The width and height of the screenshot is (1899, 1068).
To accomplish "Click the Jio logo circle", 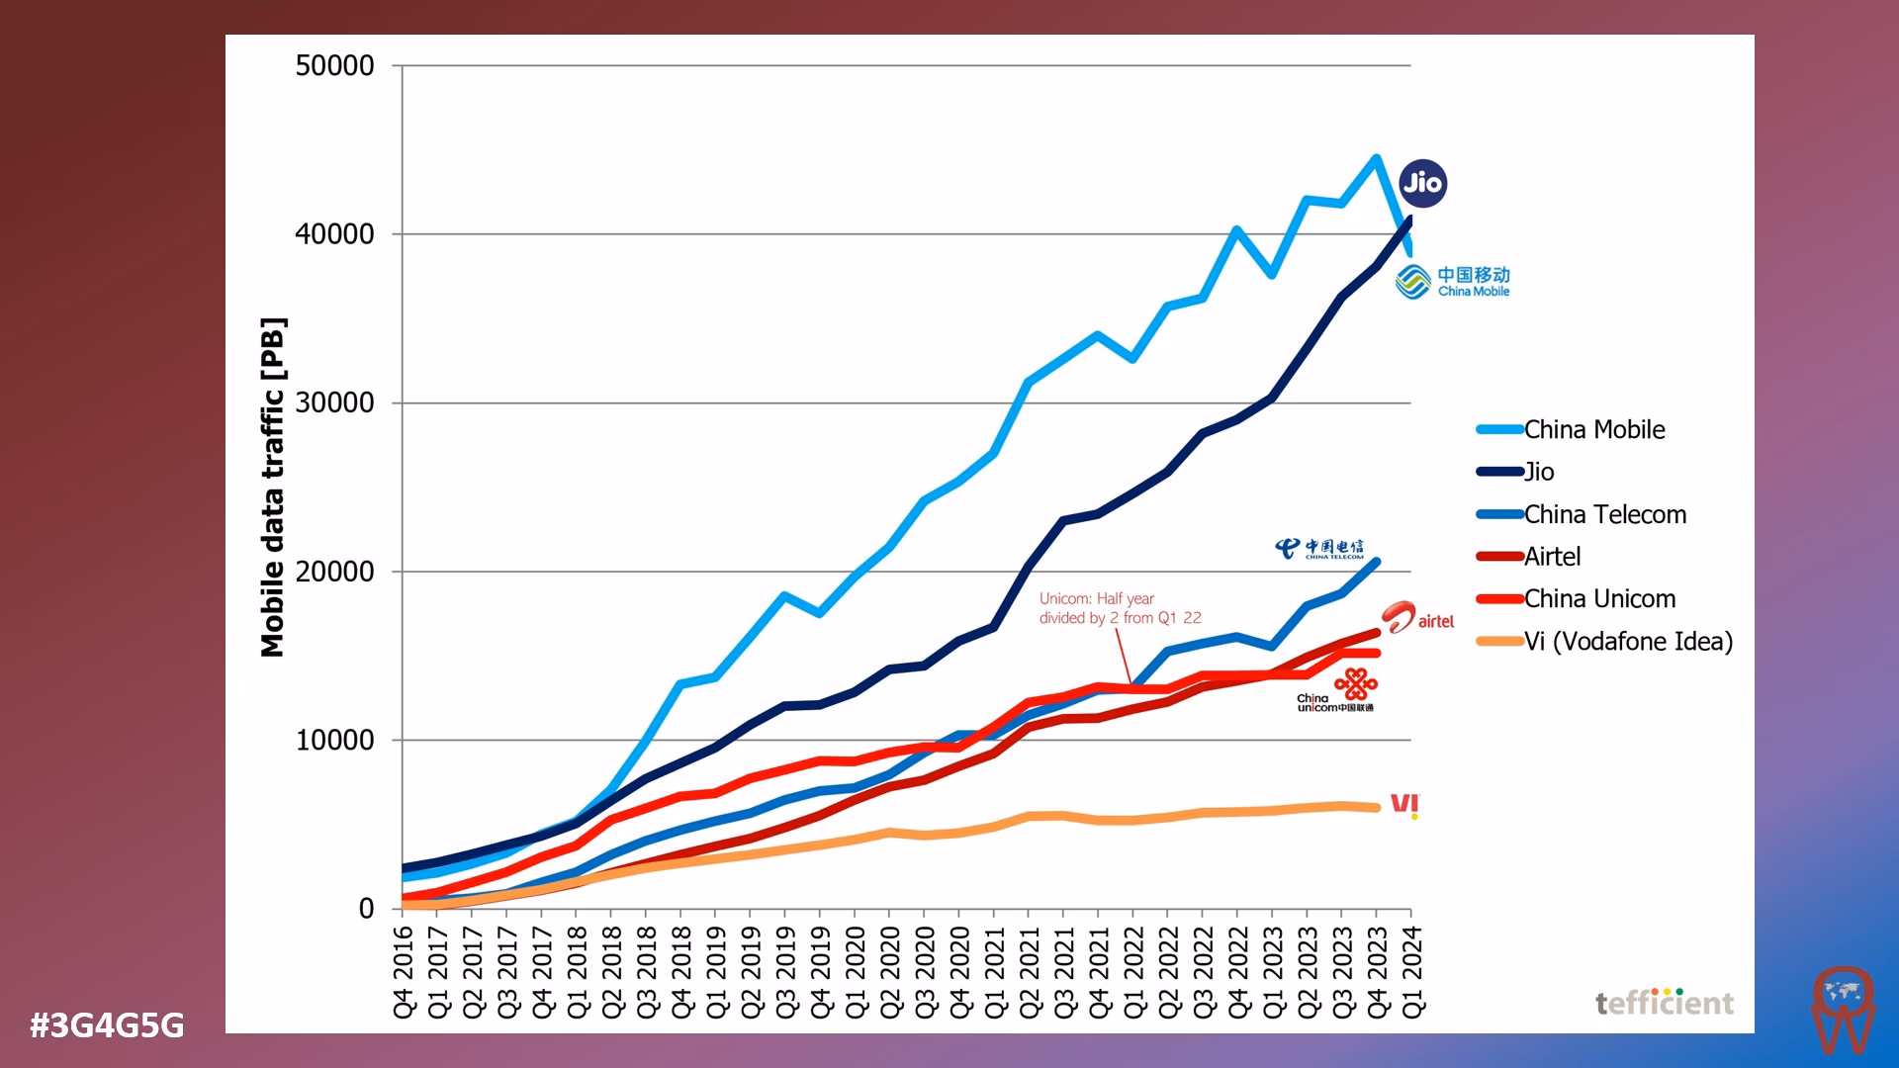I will (x=1423, y=183).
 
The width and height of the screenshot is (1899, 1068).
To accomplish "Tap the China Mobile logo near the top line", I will (x=1452, y=281).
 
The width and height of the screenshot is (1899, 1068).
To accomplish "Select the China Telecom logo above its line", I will (x=1319, y=549).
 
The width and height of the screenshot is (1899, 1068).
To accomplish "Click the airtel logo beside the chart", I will (x=1418, y=618).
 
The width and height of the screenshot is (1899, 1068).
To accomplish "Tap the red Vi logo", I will (x=1404, y=805).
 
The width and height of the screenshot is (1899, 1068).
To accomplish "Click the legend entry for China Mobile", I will (x=1593, y=429).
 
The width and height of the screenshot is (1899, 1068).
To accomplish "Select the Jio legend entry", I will (x=1538, y=472).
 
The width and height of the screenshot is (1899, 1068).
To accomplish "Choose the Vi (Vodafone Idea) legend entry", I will (x=1627, y=642).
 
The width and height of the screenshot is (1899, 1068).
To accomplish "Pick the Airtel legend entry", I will (x=1552, y=557).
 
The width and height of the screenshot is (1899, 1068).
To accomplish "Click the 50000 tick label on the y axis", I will (x=334, y=66).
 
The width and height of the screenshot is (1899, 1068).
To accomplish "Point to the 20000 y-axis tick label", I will (x=334, y=572).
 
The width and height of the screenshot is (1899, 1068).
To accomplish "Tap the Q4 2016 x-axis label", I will (x=404, y=971).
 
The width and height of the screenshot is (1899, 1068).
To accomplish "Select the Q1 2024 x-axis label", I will (x=1412, y=971).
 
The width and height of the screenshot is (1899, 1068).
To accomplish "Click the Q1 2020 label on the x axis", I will (x=856, y=971).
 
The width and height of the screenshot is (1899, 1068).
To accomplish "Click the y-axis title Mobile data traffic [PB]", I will (x=273, y=487).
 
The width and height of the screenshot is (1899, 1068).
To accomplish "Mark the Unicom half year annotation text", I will (x=1120, y=608).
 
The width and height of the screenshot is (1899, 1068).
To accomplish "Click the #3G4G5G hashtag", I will (x=107, y=1025).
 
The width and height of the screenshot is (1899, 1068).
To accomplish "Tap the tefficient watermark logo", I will (x=1664, y=1003).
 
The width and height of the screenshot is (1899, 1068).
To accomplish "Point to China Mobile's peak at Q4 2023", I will (x=1376, y=158).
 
